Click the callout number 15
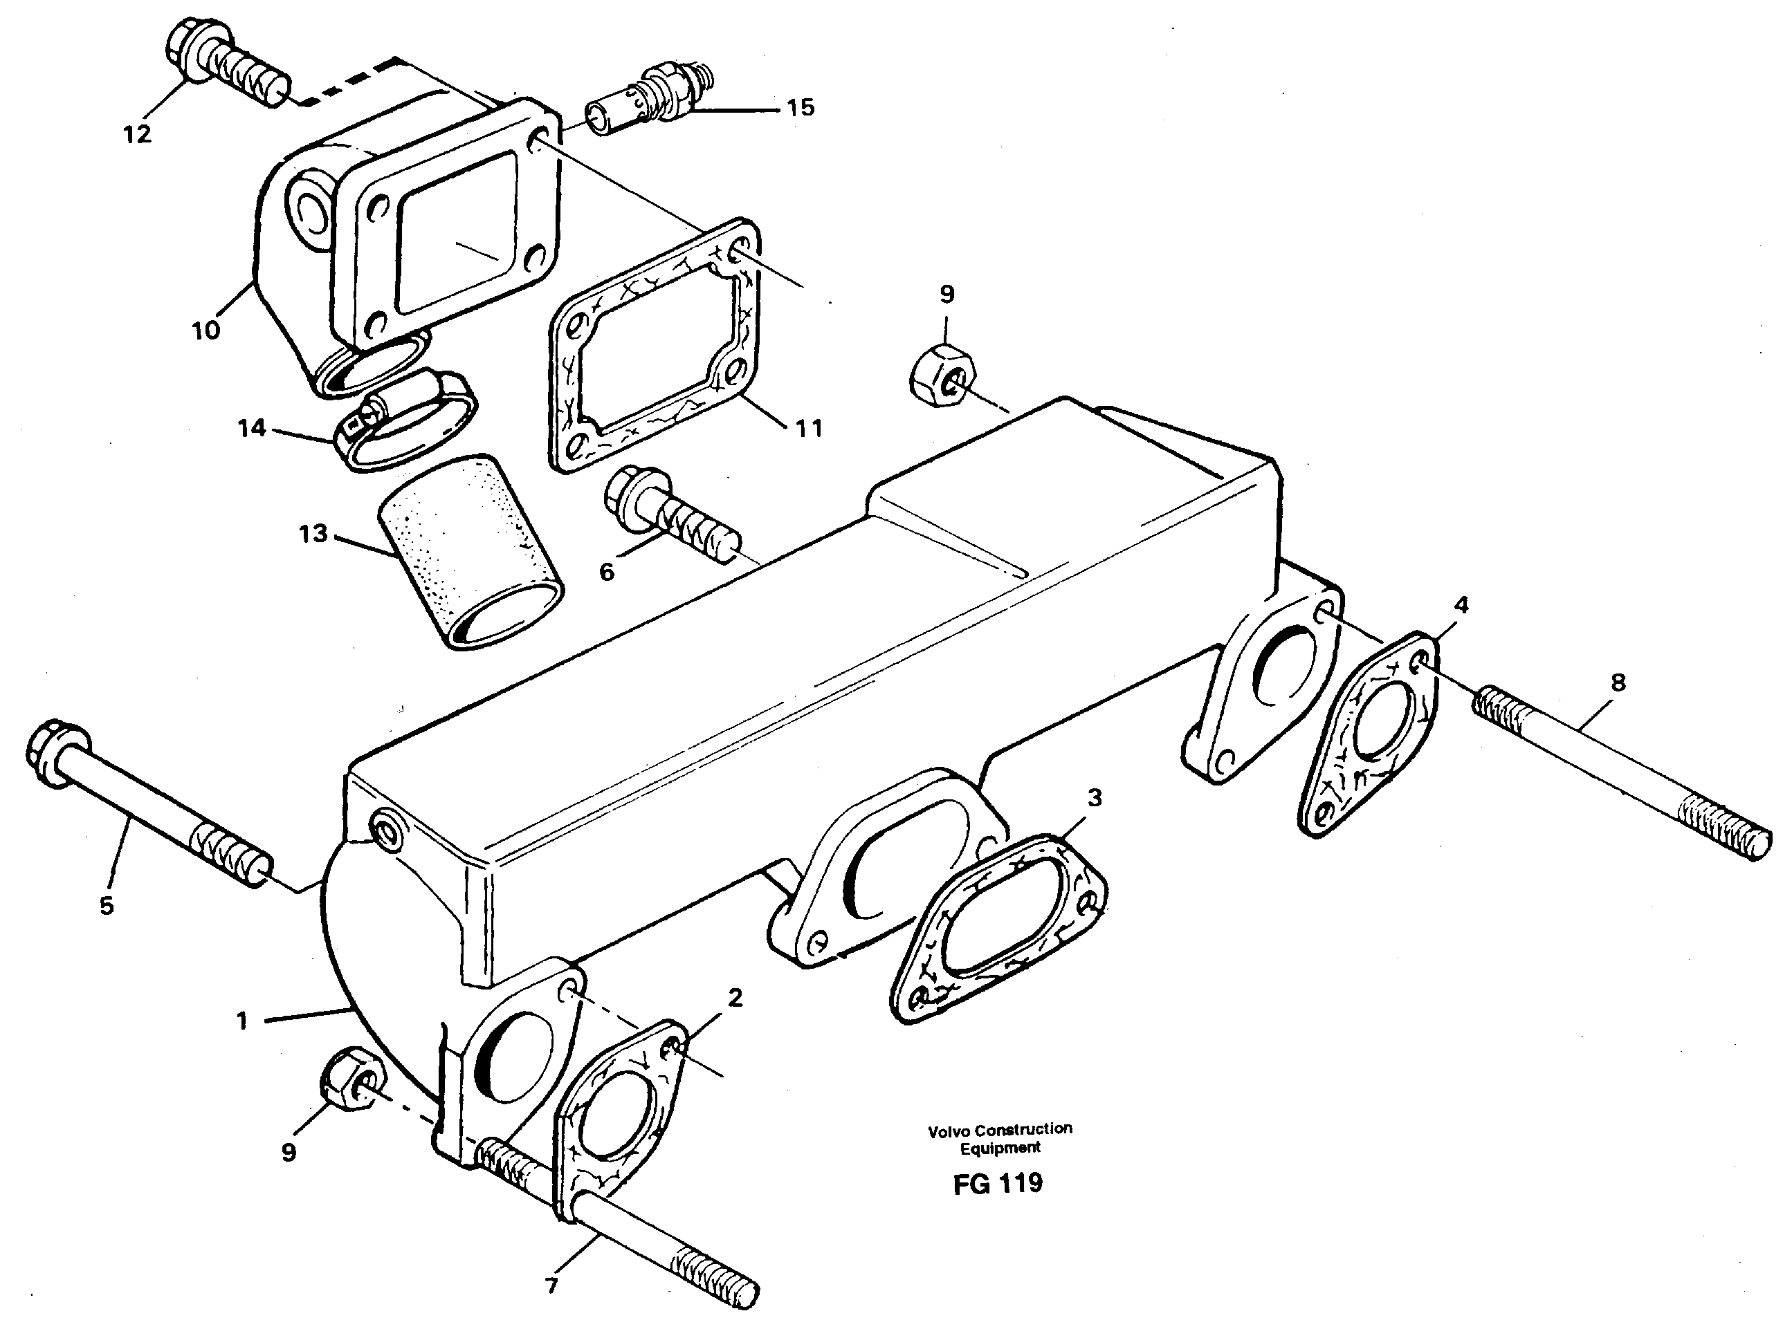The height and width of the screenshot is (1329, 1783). [800, 107]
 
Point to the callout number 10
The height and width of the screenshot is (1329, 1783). [206, 330]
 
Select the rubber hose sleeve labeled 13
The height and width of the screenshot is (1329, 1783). [471, 551]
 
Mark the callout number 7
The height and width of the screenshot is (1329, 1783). [551, 1285]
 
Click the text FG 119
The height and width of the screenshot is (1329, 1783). [998, 1182]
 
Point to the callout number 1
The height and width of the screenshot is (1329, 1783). [242, 1021]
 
